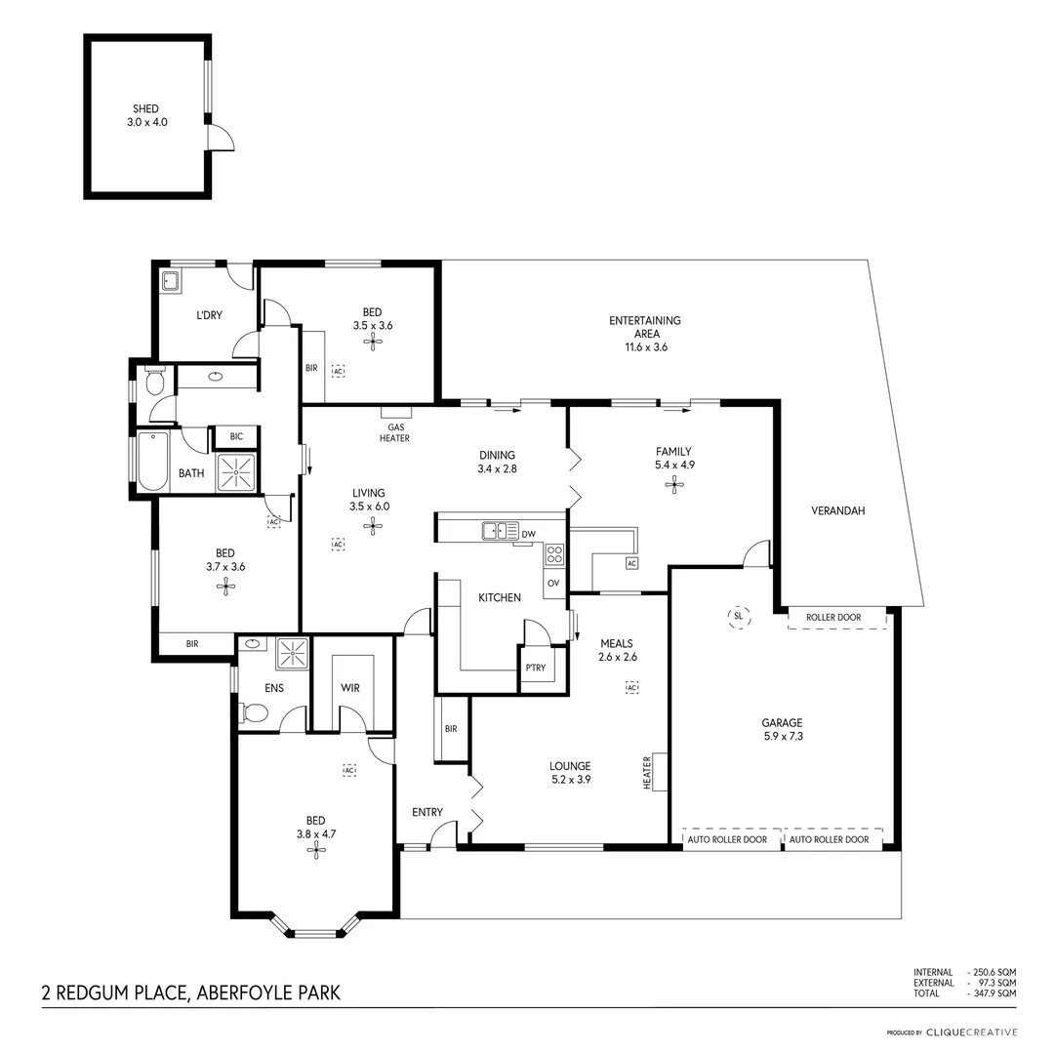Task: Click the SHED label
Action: click(145, 109)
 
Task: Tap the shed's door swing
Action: click(222, 138)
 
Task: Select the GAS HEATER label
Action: click(395, 432)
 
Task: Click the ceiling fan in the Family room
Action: click(673, 484)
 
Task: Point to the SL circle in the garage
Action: click(738, 616)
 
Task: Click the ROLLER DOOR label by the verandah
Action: click(835, 618)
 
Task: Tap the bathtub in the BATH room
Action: click(153, 461)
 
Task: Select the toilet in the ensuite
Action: click(255, 713)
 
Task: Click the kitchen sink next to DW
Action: click(501, 531)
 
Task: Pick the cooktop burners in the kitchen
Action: click(554, 555)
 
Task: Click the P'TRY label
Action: click(535, 669)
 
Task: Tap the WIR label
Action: click(350, 688)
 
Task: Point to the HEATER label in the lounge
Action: click(647, 772)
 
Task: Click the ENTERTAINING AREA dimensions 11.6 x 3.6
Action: click(645, 347)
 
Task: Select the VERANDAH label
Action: click(838, 510)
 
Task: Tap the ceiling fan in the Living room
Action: click(373, 526)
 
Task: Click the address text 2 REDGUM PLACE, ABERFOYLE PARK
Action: click(191, 993)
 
